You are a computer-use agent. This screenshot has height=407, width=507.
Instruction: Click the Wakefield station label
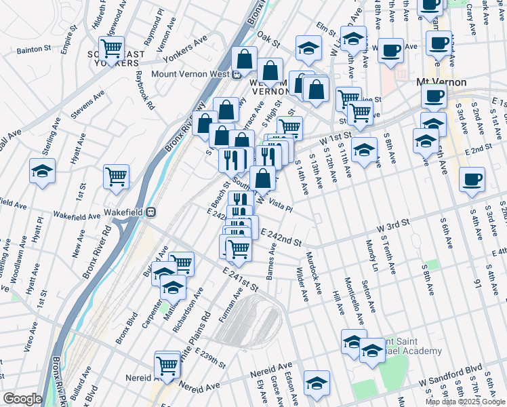click(126, 212)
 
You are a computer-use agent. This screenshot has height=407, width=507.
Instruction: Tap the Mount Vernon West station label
click(189, 75)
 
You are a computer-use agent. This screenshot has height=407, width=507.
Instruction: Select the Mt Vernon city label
click(441, 81)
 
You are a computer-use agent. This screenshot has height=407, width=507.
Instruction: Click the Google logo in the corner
click(22, 399)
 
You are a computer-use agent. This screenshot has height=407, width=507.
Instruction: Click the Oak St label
click(268, 42)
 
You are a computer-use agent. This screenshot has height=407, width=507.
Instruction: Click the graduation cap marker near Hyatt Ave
click(42, 171)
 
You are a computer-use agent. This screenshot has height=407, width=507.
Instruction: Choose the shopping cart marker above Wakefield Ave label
click(116, 177)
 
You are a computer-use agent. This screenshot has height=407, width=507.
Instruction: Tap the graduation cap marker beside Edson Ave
click(317, 383)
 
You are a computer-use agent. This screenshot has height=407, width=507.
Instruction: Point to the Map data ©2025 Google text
click(465, 402)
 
